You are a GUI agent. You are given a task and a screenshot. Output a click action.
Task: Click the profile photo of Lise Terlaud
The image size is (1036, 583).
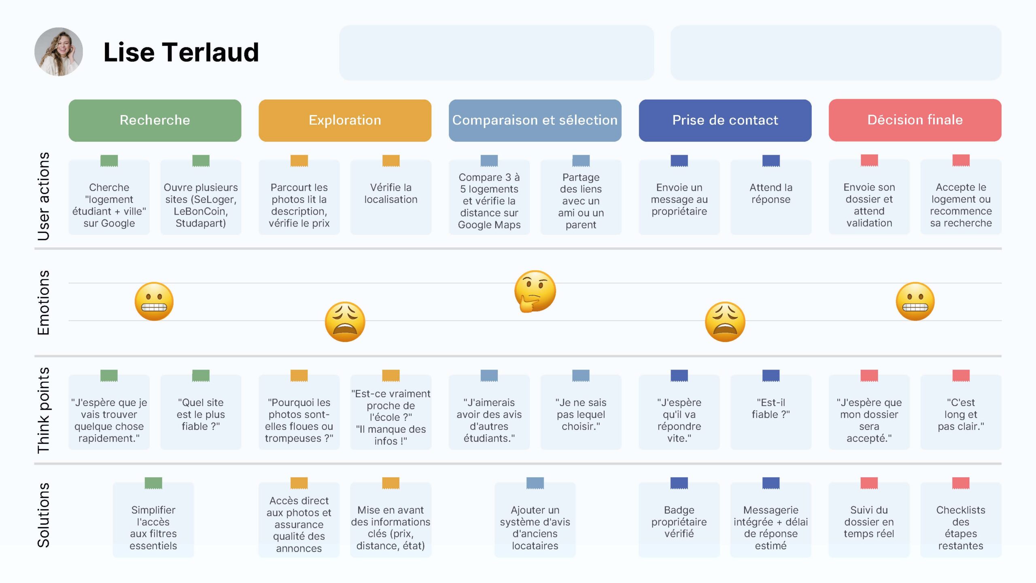59,52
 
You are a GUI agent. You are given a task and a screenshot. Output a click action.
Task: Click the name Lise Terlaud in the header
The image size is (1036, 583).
181,52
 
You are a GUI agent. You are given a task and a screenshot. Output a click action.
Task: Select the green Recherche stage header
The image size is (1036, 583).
155,120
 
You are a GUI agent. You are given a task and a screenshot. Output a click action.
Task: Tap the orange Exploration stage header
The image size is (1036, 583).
345,120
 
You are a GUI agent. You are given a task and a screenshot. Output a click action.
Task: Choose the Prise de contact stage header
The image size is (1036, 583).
725,120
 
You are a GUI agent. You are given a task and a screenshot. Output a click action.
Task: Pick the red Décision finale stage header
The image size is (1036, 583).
915,120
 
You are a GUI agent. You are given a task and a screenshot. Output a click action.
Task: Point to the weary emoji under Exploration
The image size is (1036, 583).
345,322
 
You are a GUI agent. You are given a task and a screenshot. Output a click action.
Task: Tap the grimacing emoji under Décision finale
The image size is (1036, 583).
915,302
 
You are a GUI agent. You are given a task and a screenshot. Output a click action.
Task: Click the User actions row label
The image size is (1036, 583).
43,196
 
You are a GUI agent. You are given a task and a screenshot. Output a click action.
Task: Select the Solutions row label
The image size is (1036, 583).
43,515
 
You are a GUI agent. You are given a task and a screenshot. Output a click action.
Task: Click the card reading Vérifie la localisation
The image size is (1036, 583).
391,197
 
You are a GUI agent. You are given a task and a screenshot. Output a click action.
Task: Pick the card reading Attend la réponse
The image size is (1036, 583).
771,197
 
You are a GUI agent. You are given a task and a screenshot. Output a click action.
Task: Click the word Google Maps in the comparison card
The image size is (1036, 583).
489,225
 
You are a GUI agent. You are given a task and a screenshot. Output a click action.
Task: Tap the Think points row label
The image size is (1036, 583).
43,410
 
